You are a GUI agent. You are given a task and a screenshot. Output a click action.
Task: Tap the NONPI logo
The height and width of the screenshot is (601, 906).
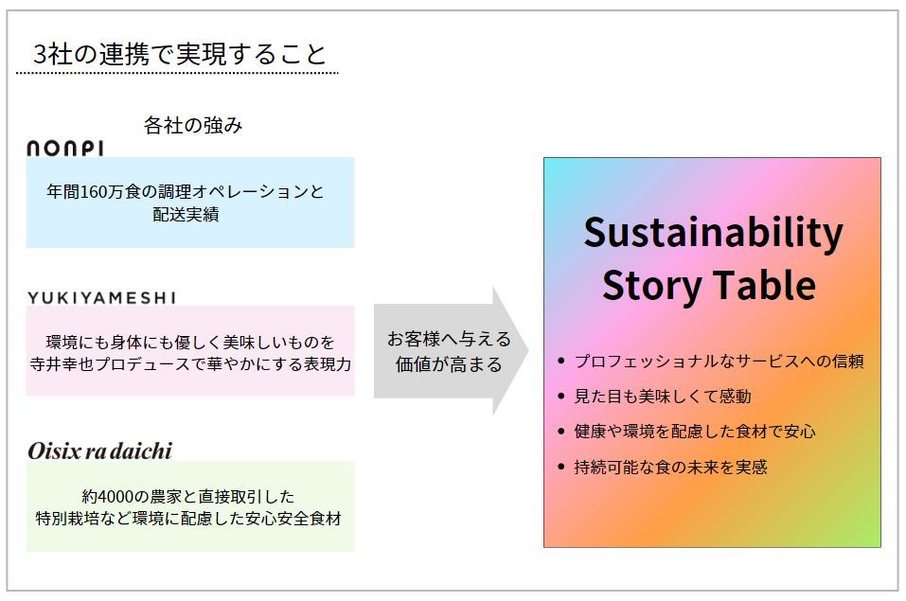[x=65, y=148]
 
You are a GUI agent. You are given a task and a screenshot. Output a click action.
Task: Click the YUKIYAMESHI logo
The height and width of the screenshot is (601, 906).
[x=101, y=297]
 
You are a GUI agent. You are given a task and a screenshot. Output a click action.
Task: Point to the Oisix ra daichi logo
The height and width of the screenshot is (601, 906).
[x=100, y=451]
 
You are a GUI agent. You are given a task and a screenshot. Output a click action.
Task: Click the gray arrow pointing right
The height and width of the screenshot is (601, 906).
[x=450, y=351]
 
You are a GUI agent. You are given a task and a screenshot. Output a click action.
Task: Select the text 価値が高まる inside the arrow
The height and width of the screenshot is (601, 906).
[x=449, y=364]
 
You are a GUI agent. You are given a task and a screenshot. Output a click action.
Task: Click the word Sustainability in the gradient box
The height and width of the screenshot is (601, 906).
[x=712, y=233]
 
